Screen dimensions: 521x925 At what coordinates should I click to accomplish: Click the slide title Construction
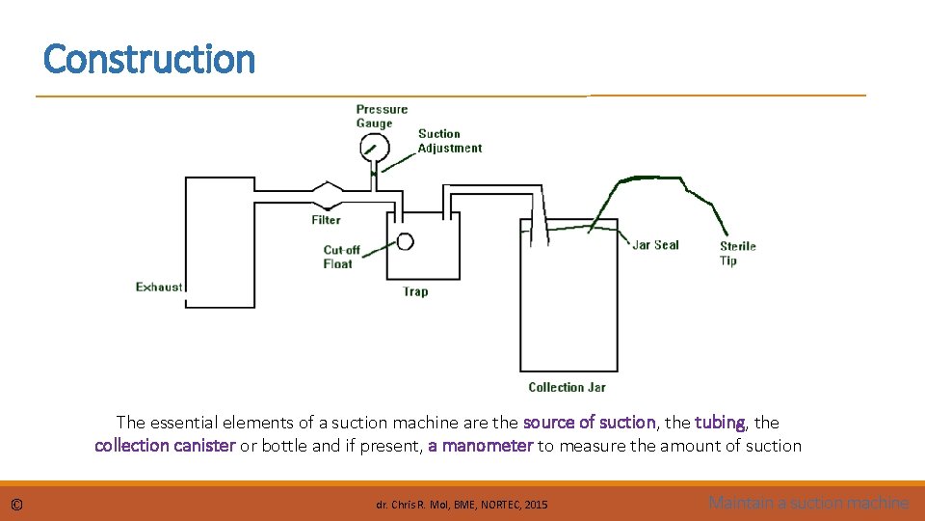point(149,60)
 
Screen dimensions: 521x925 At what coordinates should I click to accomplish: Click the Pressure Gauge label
point(382,116)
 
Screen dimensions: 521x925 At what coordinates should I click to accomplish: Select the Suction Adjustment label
point(449,141)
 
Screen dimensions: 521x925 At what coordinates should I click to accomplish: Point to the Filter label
point(326,220)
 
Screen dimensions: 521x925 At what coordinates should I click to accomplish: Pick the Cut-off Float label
point(341,257)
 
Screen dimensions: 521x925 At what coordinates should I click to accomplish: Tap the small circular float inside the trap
point(405,241)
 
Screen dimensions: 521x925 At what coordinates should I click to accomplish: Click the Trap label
point(415,291)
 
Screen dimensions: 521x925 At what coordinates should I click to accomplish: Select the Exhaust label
point(159,287)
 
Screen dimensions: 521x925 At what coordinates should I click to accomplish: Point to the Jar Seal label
point(655,245)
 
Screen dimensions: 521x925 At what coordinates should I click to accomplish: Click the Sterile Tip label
point(737,253)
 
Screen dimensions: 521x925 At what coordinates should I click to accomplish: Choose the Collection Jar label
point(567,387)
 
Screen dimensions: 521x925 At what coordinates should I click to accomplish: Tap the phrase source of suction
point(589,423)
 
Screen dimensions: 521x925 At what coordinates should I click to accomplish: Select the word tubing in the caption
point(720,423)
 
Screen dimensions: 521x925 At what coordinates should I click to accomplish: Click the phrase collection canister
point(165,446)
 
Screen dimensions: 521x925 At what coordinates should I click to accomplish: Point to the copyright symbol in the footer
point(16,504)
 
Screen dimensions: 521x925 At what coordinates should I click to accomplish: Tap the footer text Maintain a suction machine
point(808,503)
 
